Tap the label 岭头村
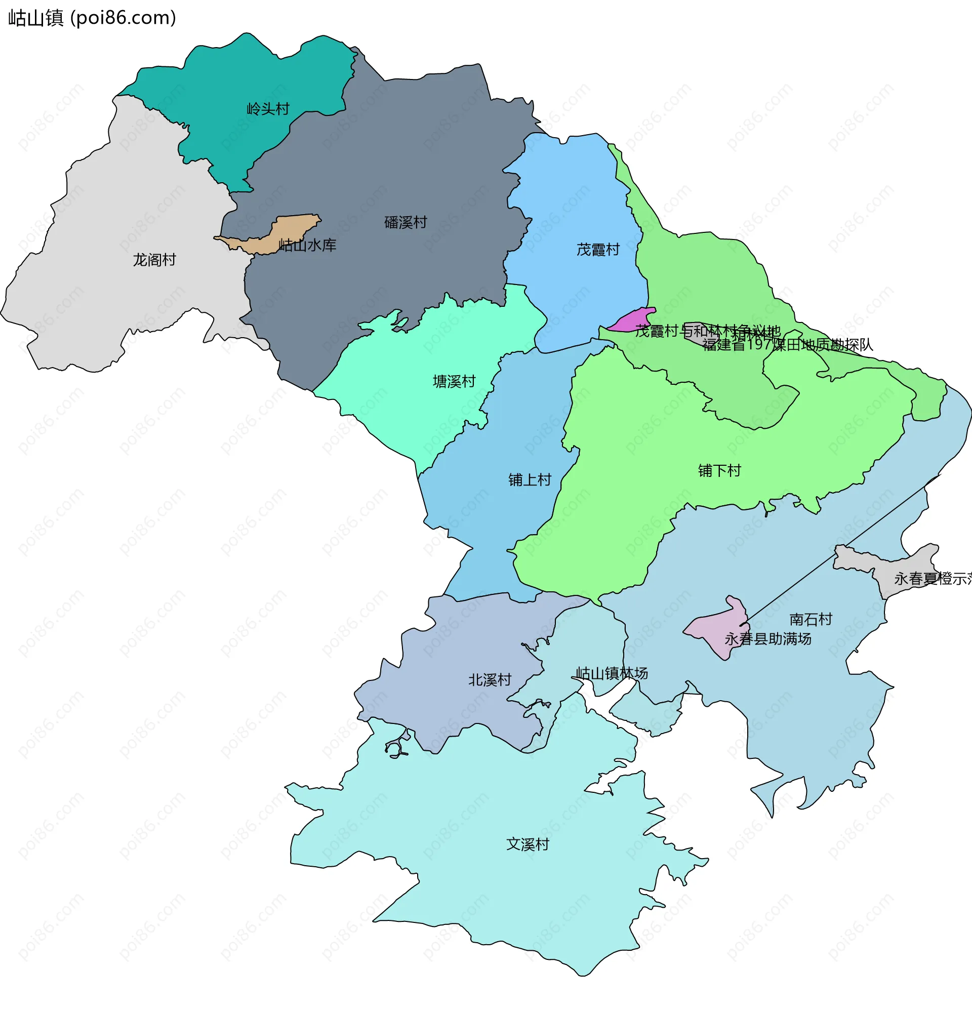pyautogui.click(x=268, y=109)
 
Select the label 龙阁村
pyautogui.click(x=154, y=260)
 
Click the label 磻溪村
pyautogui.click(x=406, y=222)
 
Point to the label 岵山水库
pyautogui.click(x=307, y=246)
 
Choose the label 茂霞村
pyautogui.click(x=598, y=250)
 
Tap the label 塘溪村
pyautogui.click(x=454, y=382)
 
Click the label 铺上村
pyautogui.click(x=530, y=480)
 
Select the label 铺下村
pyautogui.click(x=719, y=471)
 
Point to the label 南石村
pyautogui.click(x=811, y=619)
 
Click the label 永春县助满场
pyautogui.click(x=767, y=639)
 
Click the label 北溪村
pyautogui.click(x=490, y=680)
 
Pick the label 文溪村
pyautogui.click(x=528, y=845)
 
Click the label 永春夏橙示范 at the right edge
pyautogui.click(x=932, y=579)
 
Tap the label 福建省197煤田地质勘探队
pyautogui.click(x=788, y=345)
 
